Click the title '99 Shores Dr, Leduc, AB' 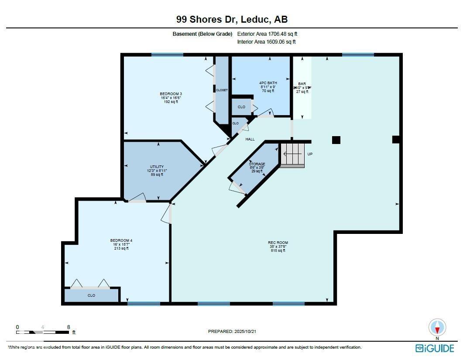[x=232, y=20]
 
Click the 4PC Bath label [x=268, y=86]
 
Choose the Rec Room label [x=278, y=247]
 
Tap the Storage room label [x=257, y=168]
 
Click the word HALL [x=250, y=139]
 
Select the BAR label [x=302, y=87]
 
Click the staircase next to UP [x=292, y=155]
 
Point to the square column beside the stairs [x=336, y=140]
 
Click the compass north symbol [x=437, y=328]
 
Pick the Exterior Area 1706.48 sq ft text [x=267, y=34]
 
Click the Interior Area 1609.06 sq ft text [x=266, y=42]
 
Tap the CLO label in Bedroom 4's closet [x=91, y=295]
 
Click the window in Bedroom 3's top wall [x=167, y=55]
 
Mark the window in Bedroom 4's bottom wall [x=144, y=303]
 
